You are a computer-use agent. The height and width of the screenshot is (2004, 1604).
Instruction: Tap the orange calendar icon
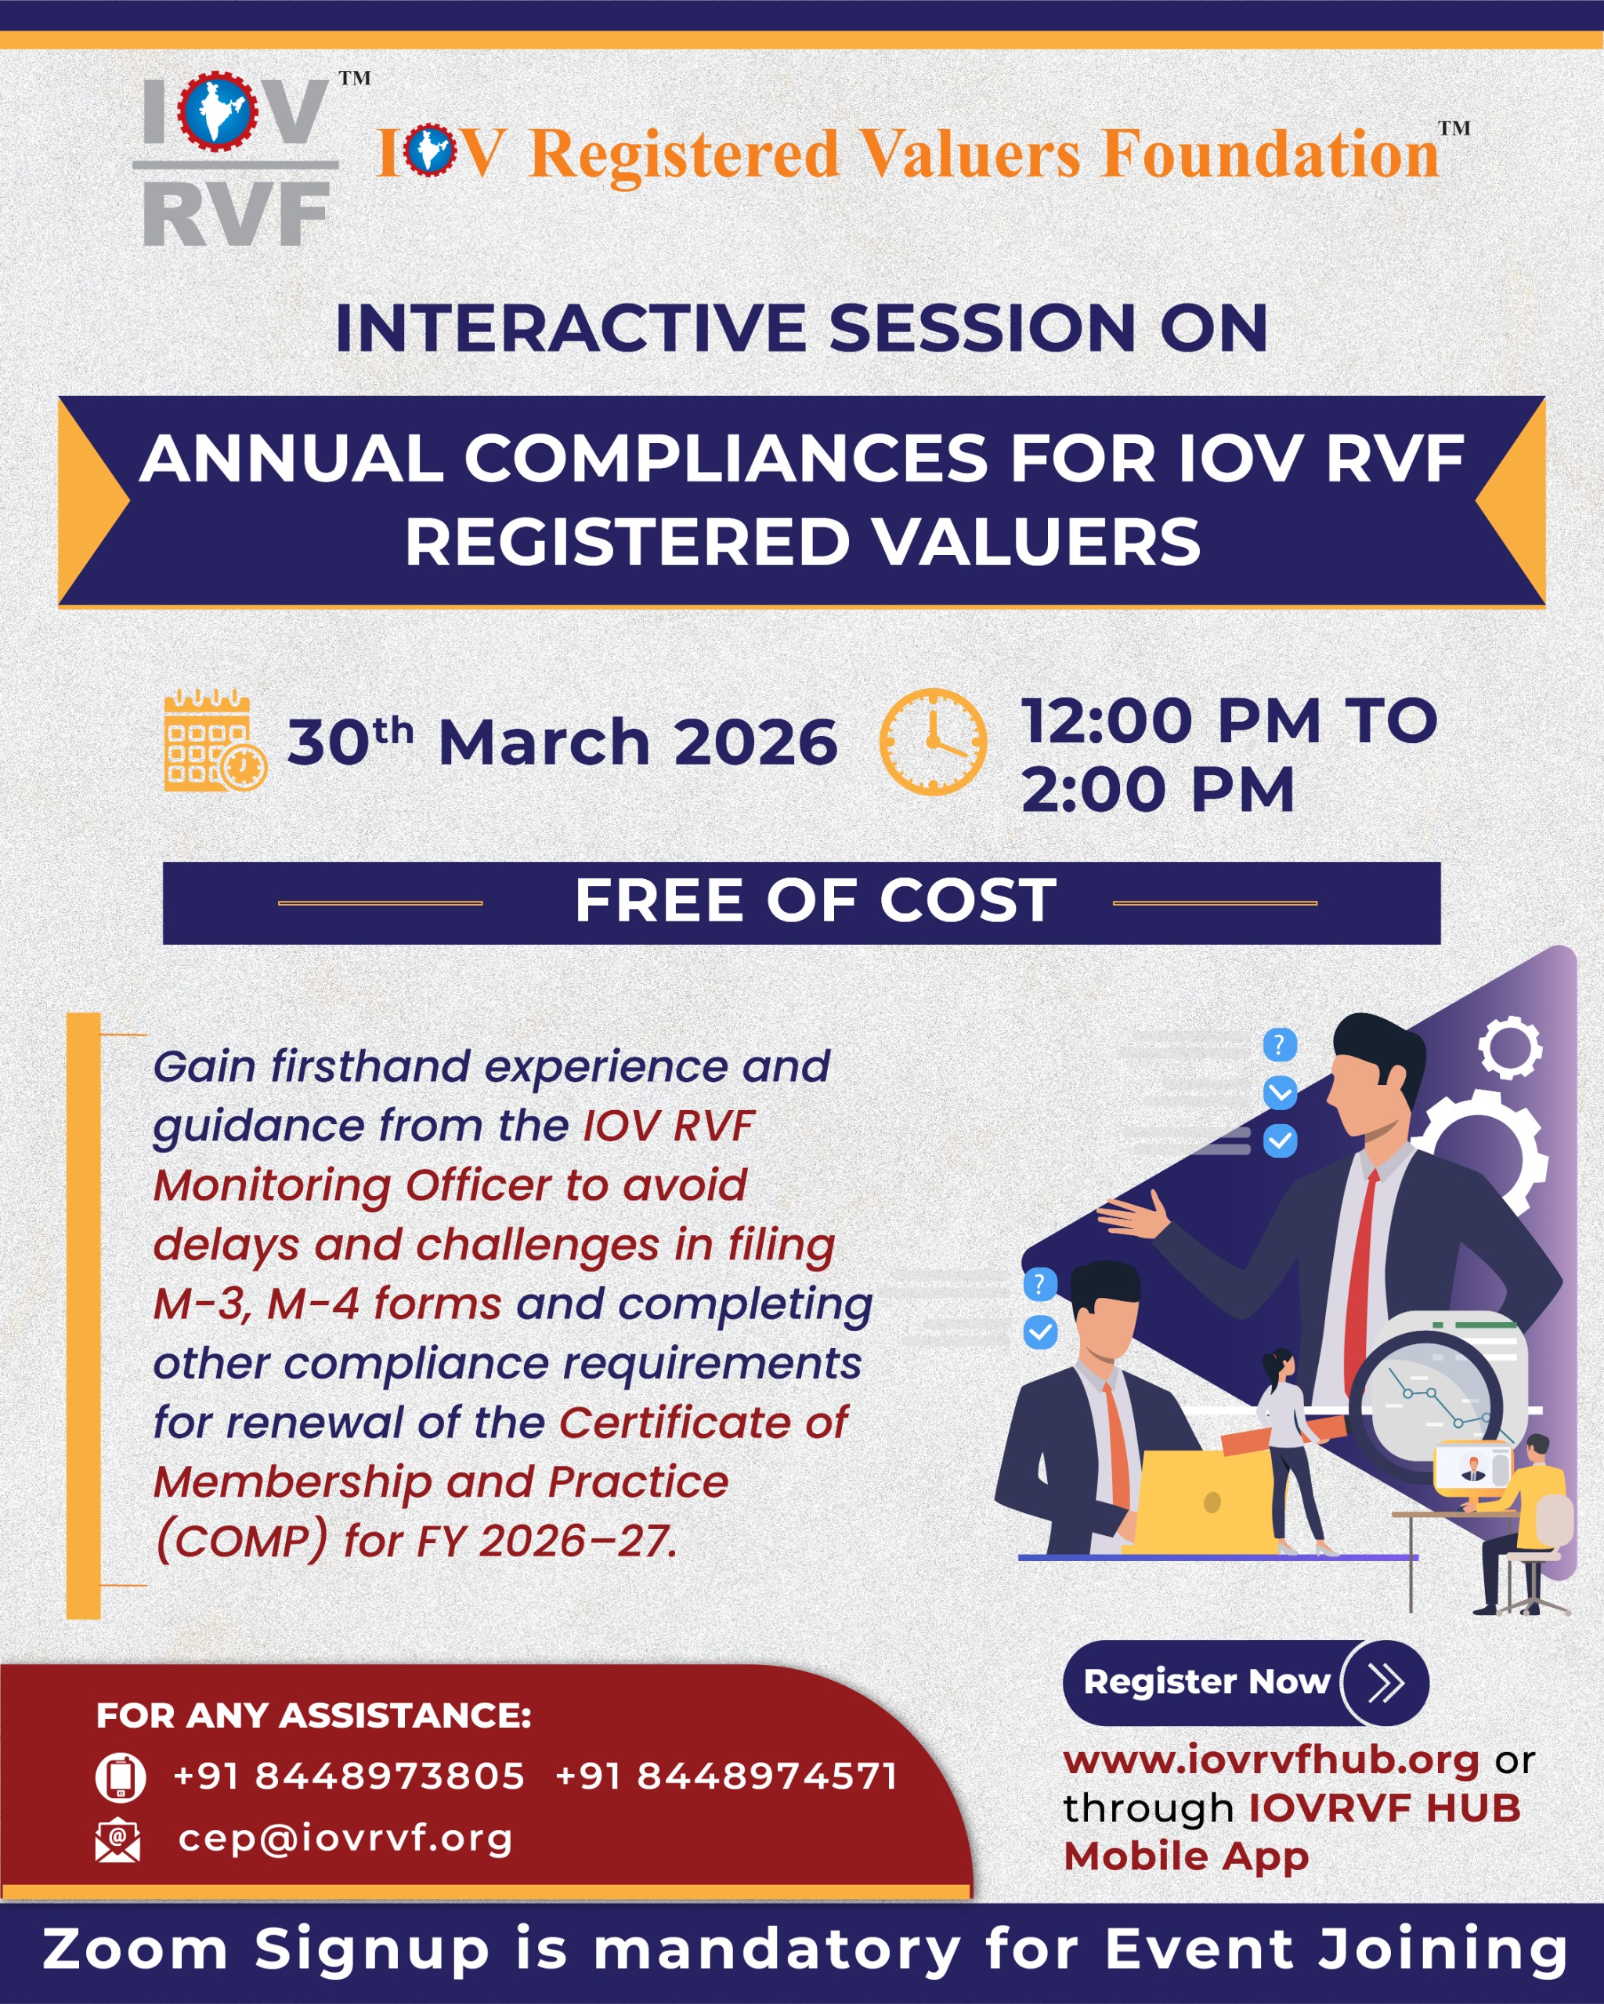pyautogui.click(x=215, y=740)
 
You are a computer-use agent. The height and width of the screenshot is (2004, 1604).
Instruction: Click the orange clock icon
pyautogui.click(x=933, y=741)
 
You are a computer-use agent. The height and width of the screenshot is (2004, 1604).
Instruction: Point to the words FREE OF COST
pyautogui.click(x=815, y=901)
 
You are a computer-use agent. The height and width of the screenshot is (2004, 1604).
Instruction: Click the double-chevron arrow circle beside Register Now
pyautogui.click(x=1385, y=1683)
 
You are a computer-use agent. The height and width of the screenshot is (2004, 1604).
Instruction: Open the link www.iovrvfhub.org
pyautogui.click(x=1270, y=1760)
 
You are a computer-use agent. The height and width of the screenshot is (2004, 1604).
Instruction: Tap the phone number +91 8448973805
pyautogui.click(x=349, y=1776)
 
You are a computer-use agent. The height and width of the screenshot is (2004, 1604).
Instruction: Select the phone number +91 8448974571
pyautogui.click(x=726, y=1776)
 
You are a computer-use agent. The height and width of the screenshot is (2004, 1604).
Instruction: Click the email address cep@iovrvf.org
pyautogui.click(x=345, y=1837)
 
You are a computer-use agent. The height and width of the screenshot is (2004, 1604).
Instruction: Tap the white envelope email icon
pyautogui.click(x=118, y=1840)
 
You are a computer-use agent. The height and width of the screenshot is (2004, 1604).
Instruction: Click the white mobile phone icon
pyautogui.click(x=120, y=1777)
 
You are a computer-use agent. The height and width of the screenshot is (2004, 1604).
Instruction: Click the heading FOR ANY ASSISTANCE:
pyautogui.click(x=313, y=1715)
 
